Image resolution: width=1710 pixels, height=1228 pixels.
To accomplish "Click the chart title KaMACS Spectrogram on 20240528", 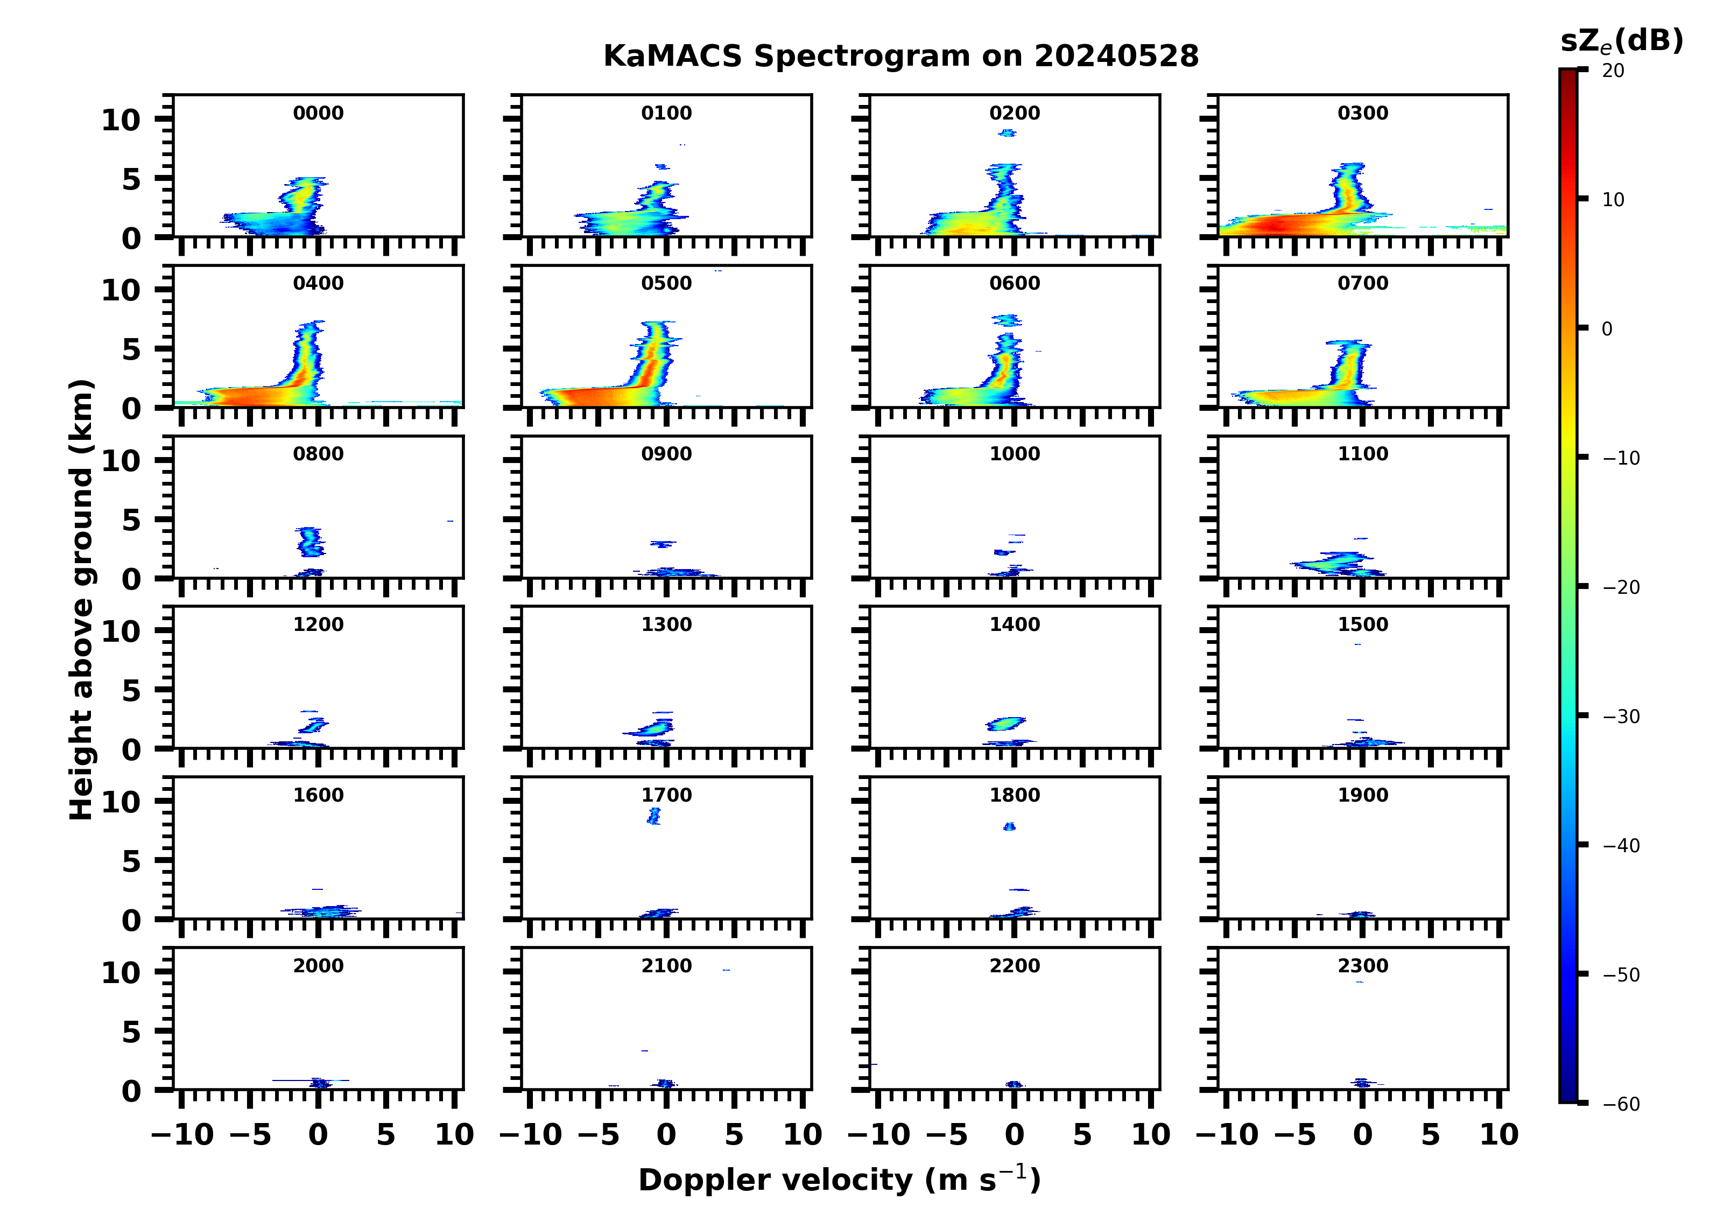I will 900,57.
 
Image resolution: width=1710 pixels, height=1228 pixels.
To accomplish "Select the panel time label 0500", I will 666,284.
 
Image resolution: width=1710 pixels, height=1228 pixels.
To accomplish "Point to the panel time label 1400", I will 1014,624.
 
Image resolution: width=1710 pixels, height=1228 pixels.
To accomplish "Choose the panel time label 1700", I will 666,795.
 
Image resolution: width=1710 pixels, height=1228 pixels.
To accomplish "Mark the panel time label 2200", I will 1014,965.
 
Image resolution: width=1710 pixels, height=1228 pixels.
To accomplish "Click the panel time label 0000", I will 318,113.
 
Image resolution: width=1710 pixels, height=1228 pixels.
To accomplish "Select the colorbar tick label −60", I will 1621,1104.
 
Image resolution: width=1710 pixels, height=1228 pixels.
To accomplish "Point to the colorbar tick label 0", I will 1607,329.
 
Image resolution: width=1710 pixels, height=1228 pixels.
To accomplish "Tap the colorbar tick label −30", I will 1621,717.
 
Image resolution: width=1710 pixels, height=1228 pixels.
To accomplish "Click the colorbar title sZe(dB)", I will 1621,41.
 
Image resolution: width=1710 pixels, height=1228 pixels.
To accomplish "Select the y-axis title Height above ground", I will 81,600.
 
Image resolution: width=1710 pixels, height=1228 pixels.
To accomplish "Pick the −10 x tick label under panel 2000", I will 182,1135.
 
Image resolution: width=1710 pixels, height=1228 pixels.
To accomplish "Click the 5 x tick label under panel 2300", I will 1430,1135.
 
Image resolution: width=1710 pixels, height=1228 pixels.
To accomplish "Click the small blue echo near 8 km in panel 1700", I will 653,816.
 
